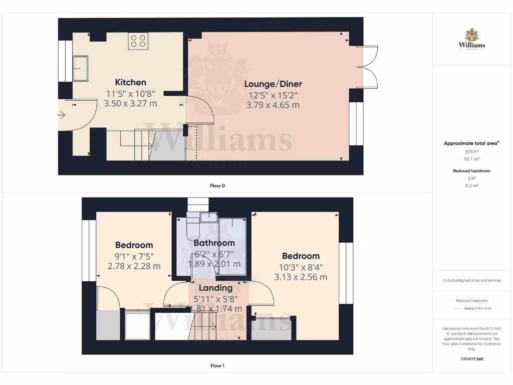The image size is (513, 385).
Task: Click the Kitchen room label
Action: coord(130,83)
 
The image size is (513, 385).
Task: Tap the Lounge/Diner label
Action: coord(273,84)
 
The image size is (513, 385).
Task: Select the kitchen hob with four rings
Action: coord(138,41)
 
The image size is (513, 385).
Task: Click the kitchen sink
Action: coord(80,68)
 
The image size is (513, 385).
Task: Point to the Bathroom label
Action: coord(214,244)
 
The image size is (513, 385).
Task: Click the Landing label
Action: coord(215,288)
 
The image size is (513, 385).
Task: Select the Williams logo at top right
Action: coord(471,40)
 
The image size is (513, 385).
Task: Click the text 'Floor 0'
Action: coord(217,185)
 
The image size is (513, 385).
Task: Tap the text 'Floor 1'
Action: coord(217,365)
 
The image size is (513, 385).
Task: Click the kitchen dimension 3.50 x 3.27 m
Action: coord(130,104)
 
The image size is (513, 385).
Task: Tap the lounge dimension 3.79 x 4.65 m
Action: coord(273,105)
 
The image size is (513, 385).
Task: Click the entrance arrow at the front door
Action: coord(62,115)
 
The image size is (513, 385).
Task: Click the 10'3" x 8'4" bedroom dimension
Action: coord(301,267)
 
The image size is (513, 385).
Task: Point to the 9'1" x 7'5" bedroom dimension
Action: coord(134,256)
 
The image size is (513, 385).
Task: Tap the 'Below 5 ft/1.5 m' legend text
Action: coord(477,308)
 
